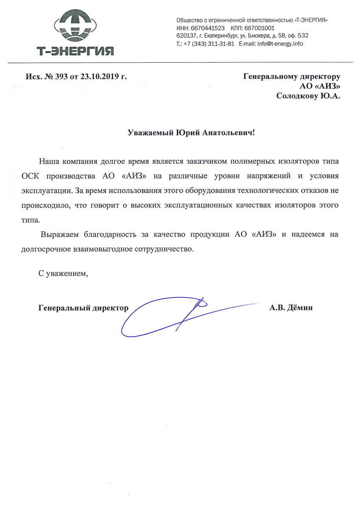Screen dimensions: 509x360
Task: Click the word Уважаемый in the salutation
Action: pos(151,133)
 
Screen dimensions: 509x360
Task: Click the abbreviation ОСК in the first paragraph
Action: pos(31,176)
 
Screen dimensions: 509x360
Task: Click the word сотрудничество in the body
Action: pos(163,249)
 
